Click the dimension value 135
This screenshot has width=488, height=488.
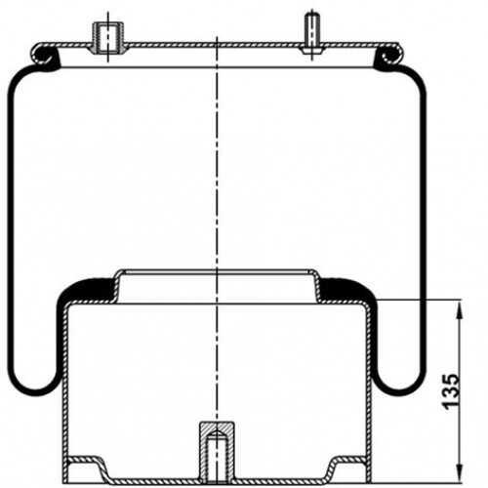(x=451, y=391)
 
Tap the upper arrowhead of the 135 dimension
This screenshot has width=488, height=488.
(x=459, y=309)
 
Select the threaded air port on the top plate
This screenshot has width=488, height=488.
(x=108, y=37)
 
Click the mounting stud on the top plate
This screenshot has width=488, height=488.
(x=312, y=30)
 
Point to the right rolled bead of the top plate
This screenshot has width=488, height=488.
(x=389, y=56)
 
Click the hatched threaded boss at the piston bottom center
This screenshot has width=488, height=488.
(x=217, y=452)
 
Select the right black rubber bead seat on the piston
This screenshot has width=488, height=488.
(x=347, y=290)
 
